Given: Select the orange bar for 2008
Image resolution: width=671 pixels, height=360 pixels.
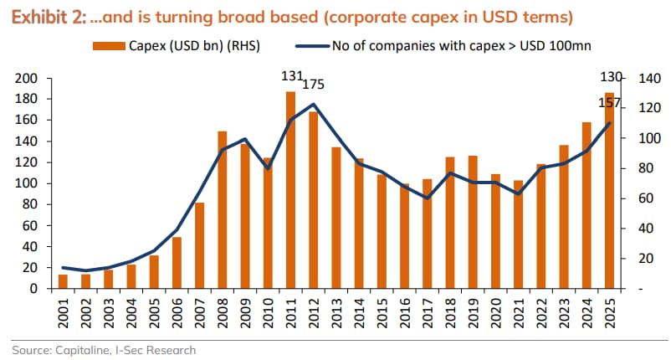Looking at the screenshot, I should coord(223,209).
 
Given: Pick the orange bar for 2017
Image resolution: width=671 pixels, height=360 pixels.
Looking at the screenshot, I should coord(427,234).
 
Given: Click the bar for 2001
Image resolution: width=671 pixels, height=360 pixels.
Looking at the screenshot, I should coord(63,281).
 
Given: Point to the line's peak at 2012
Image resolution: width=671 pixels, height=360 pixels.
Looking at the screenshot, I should coord(313,105).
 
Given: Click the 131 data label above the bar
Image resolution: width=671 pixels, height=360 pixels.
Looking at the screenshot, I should coord(292,76).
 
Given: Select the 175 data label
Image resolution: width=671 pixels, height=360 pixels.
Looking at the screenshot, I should coord(313,85).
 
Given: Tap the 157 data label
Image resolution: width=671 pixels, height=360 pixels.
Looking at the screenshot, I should coord(609,102).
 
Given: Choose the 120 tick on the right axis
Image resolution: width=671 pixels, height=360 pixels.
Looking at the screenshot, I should coord(648,109).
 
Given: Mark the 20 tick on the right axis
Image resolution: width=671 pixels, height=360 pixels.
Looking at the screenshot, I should coord(644,259).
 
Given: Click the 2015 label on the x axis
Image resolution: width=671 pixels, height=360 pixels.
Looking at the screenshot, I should coord(382,316).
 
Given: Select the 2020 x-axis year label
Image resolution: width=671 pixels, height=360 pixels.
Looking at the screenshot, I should coord(495,316).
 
